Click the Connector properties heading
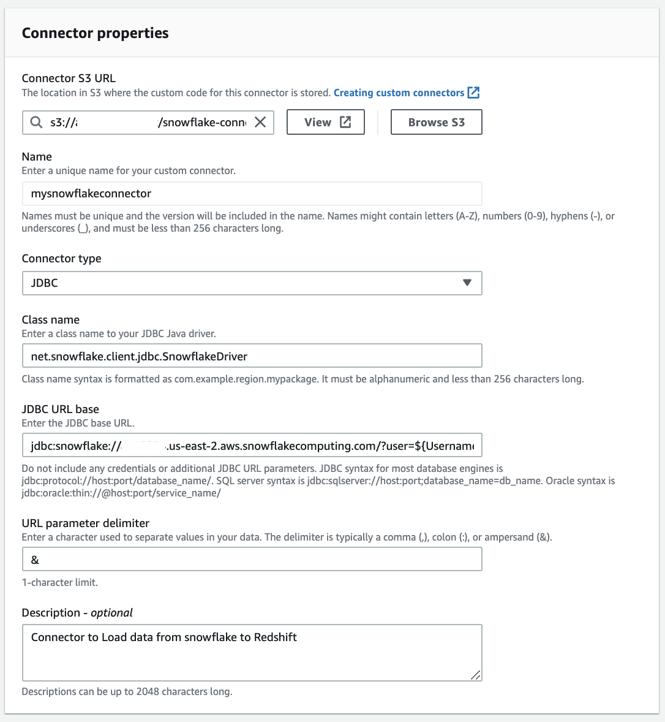coord(95,33)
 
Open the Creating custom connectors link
coord(399,93)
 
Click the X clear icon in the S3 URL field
coord(260,122)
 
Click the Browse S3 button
coord(436,122)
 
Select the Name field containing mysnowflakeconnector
coord(252,194)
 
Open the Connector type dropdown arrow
coord(467,283)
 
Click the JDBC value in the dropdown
coord(45,283)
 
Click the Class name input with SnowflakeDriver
coord(252,355)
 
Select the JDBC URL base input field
coord(252,446)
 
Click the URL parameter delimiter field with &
coord(252,560)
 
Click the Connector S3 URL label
coord(69,78)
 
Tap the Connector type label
coord(61,259)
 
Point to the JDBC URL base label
coord(60,409)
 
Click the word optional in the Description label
coord(111,613)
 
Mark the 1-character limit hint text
coord(59,582)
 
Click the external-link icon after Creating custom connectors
coord(473,93)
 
